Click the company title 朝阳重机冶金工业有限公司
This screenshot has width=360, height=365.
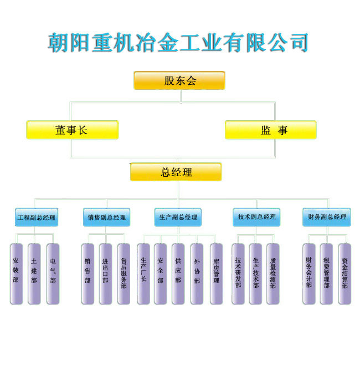click(x=178, y=43)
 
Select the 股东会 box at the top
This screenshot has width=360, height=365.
click(x=179, y=81)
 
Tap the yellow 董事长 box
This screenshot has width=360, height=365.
click(x=72, y=130)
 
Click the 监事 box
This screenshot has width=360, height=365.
click(x=271, y=130)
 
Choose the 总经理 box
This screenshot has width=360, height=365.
click(x=176, y=172)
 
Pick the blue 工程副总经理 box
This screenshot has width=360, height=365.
click(x=36, y=218)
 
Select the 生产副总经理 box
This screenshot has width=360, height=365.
click(x=178, y=218)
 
